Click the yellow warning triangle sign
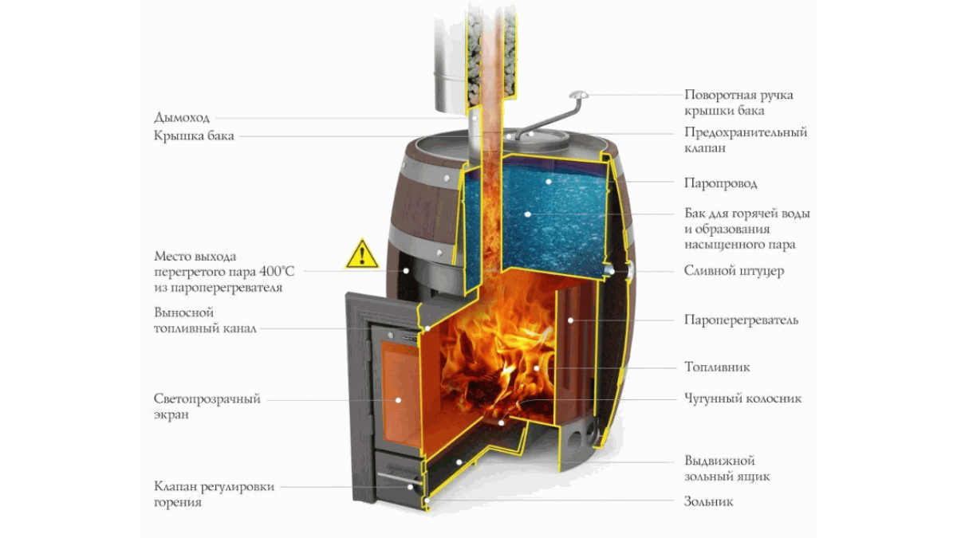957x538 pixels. tap(362, 254)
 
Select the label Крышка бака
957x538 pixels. tap(194, 135)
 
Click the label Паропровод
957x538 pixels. tap(721, 183)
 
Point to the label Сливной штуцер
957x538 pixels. tap(734, 271)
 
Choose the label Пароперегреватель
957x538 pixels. tap(741, 320)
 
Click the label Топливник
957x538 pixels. tap(717, 367)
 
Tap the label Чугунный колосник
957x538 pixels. tap(743, 399)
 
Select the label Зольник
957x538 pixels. tap(709, 501)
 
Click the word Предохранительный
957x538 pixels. tap(746, 132)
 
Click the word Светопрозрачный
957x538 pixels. tap(207, 399)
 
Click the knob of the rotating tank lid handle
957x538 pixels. tap(578, 94)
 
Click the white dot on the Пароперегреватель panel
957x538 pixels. tap(570, 320)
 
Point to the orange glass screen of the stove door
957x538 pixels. tap(400, 393)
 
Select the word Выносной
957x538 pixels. tap(183, 312)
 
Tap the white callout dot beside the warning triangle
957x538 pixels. tap(406, 271)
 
